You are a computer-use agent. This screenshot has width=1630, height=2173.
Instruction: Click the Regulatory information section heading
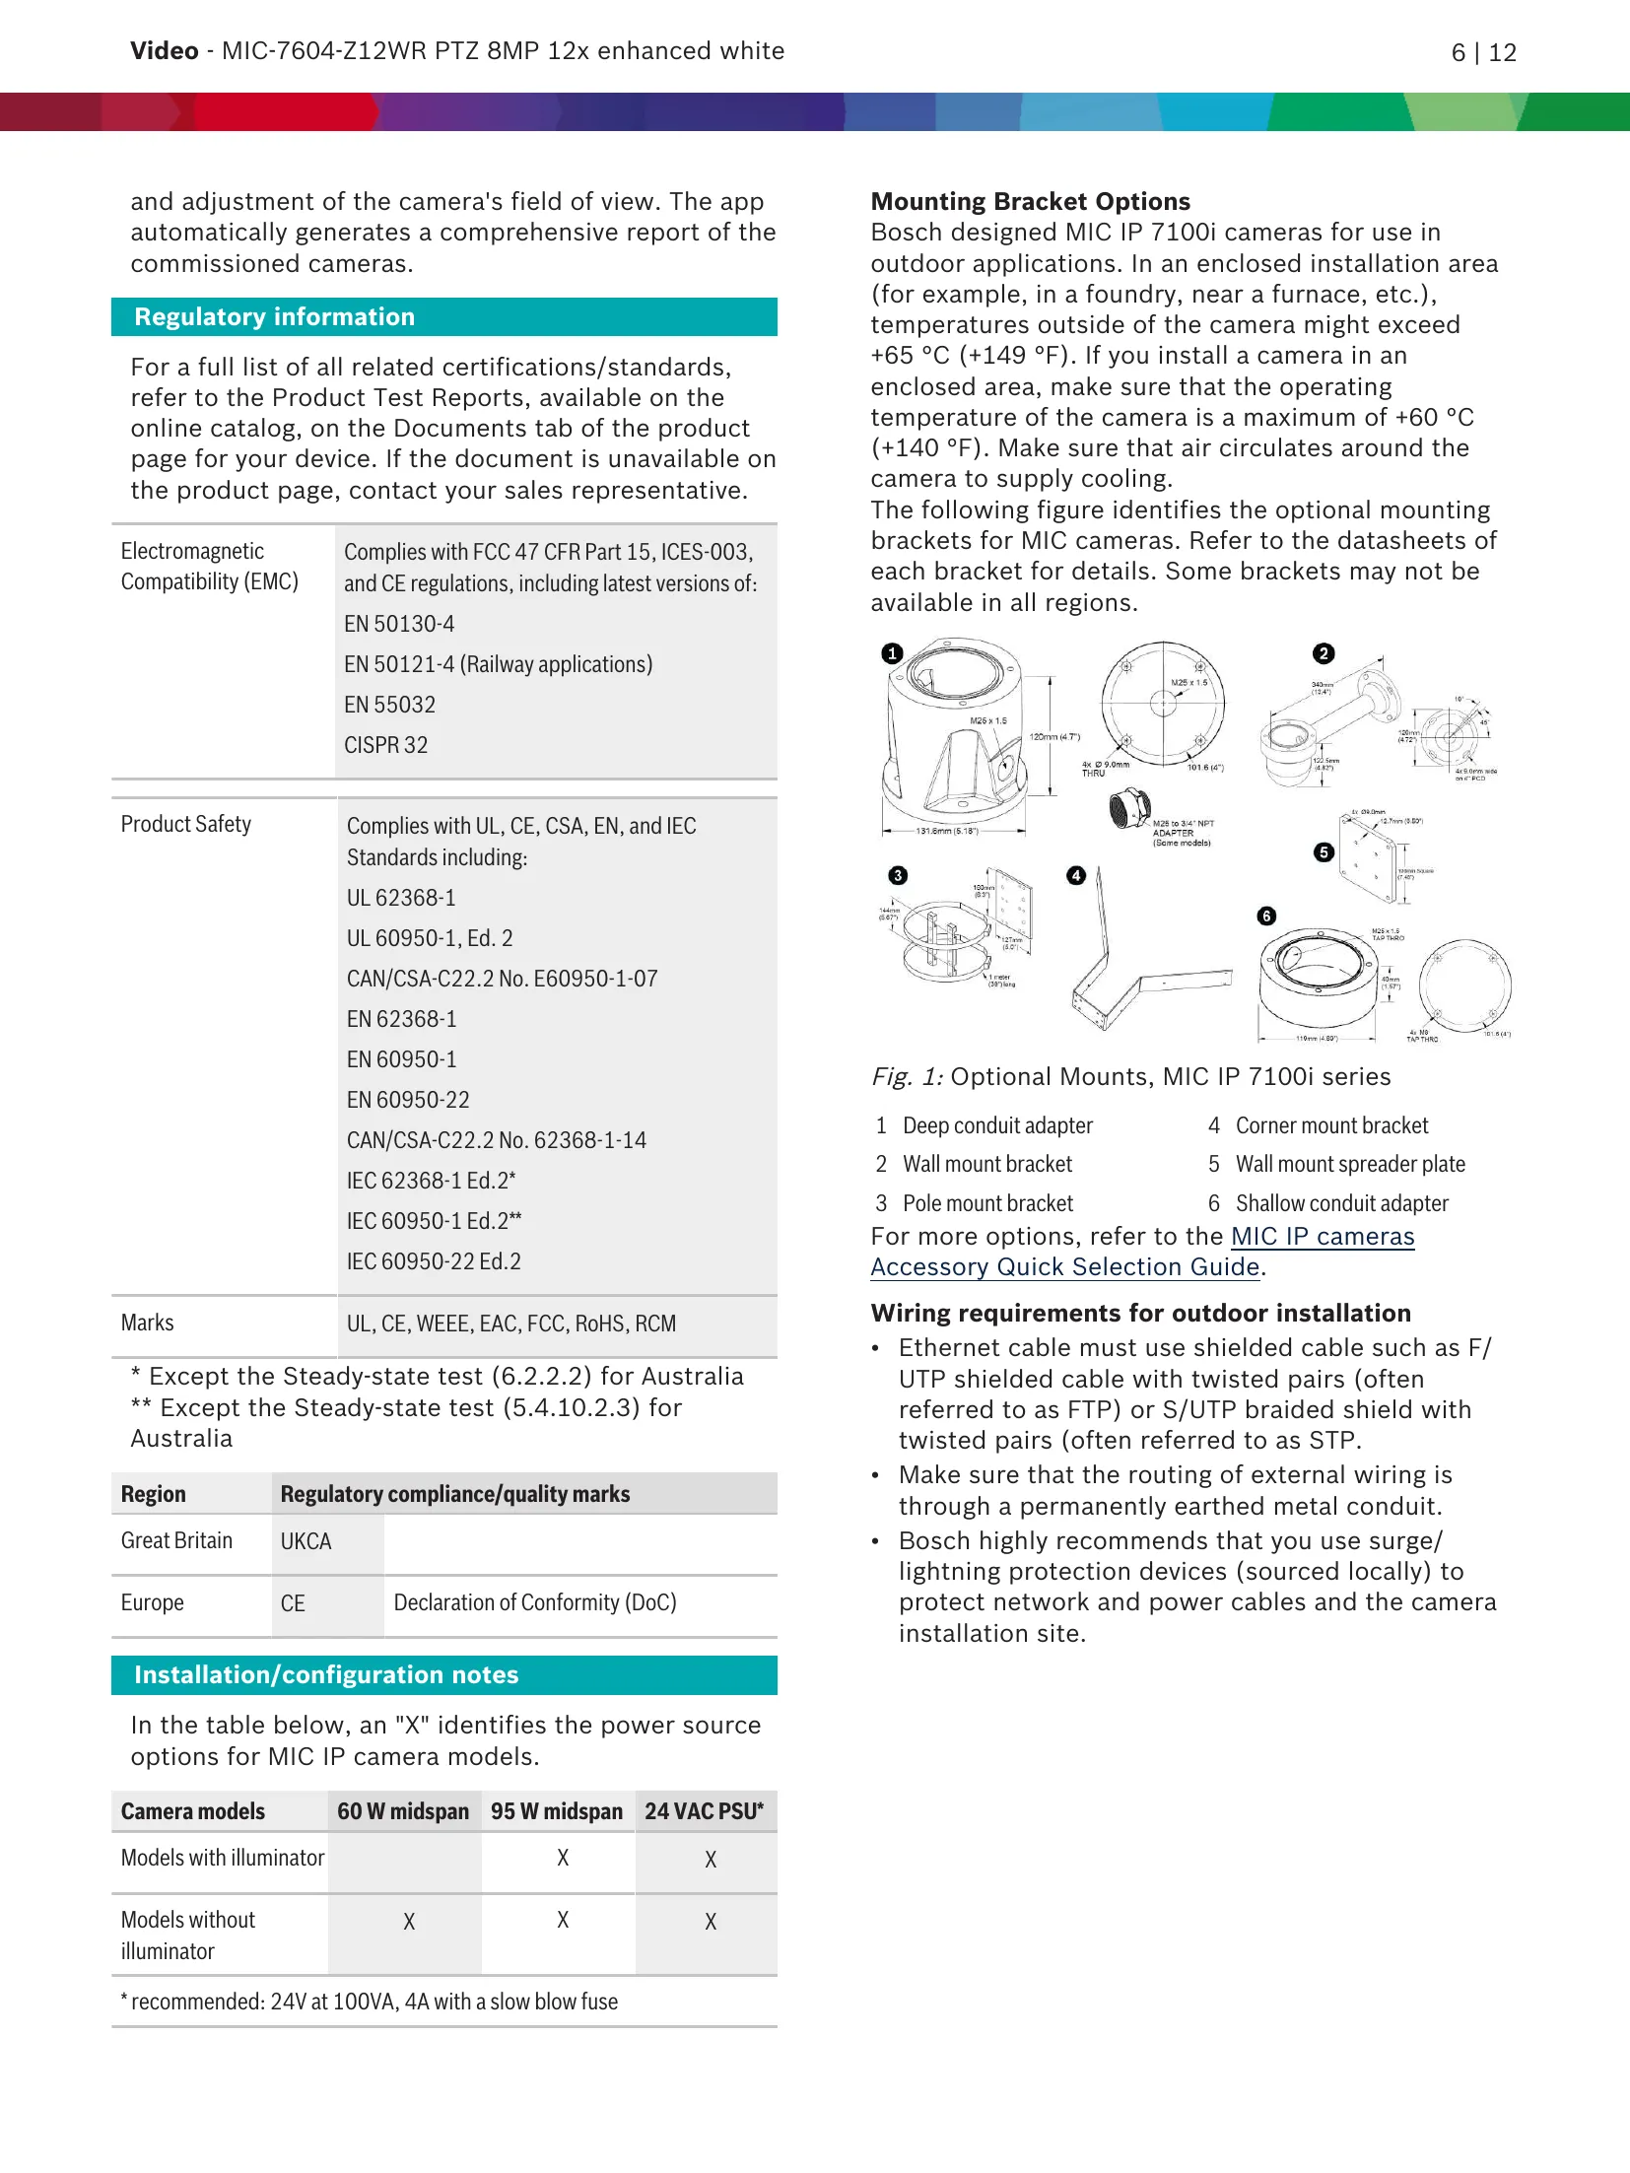click(275, 317)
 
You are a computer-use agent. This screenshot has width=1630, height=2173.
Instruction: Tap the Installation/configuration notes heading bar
click(326, 1675)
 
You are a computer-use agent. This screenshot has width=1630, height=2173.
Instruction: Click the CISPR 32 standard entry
click(385, 746)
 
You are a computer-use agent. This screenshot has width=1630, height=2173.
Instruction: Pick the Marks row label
click(147, 1324)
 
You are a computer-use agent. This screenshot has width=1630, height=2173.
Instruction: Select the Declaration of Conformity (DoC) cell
click(535, 1603)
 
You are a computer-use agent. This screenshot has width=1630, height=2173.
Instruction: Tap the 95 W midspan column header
click(557, 1812)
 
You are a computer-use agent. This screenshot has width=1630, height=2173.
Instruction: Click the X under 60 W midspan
click(409, 1922)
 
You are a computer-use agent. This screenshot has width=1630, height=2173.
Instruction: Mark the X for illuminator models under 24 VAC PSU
click(711, 1860)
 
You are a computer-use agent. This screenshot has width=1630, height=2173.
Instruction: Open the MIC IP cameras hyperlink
click(1323, 1237)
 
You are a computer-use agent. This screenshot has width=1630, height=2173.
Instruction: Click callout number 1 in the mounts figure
click(893, 653)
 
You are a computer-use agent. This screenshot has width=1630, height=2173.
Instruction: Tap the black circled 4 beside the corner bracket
click(1076, 875)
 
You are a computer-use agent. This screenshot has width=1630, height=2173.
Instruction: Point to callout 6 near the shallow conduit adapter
click(1267, 917)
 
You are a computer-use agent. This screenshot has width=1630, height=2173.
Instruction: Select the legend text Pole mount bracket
click(987, 1204)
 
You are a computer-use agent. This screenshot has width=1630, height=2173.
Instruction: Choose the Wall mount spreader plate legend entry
click(1350, 1165)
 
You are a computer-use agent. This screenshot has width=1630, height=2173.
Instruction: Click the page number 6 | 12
click(1483, 53)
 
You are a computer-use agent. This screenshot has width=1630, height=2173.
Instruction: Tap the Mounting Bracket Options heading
click(1030, 202)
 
